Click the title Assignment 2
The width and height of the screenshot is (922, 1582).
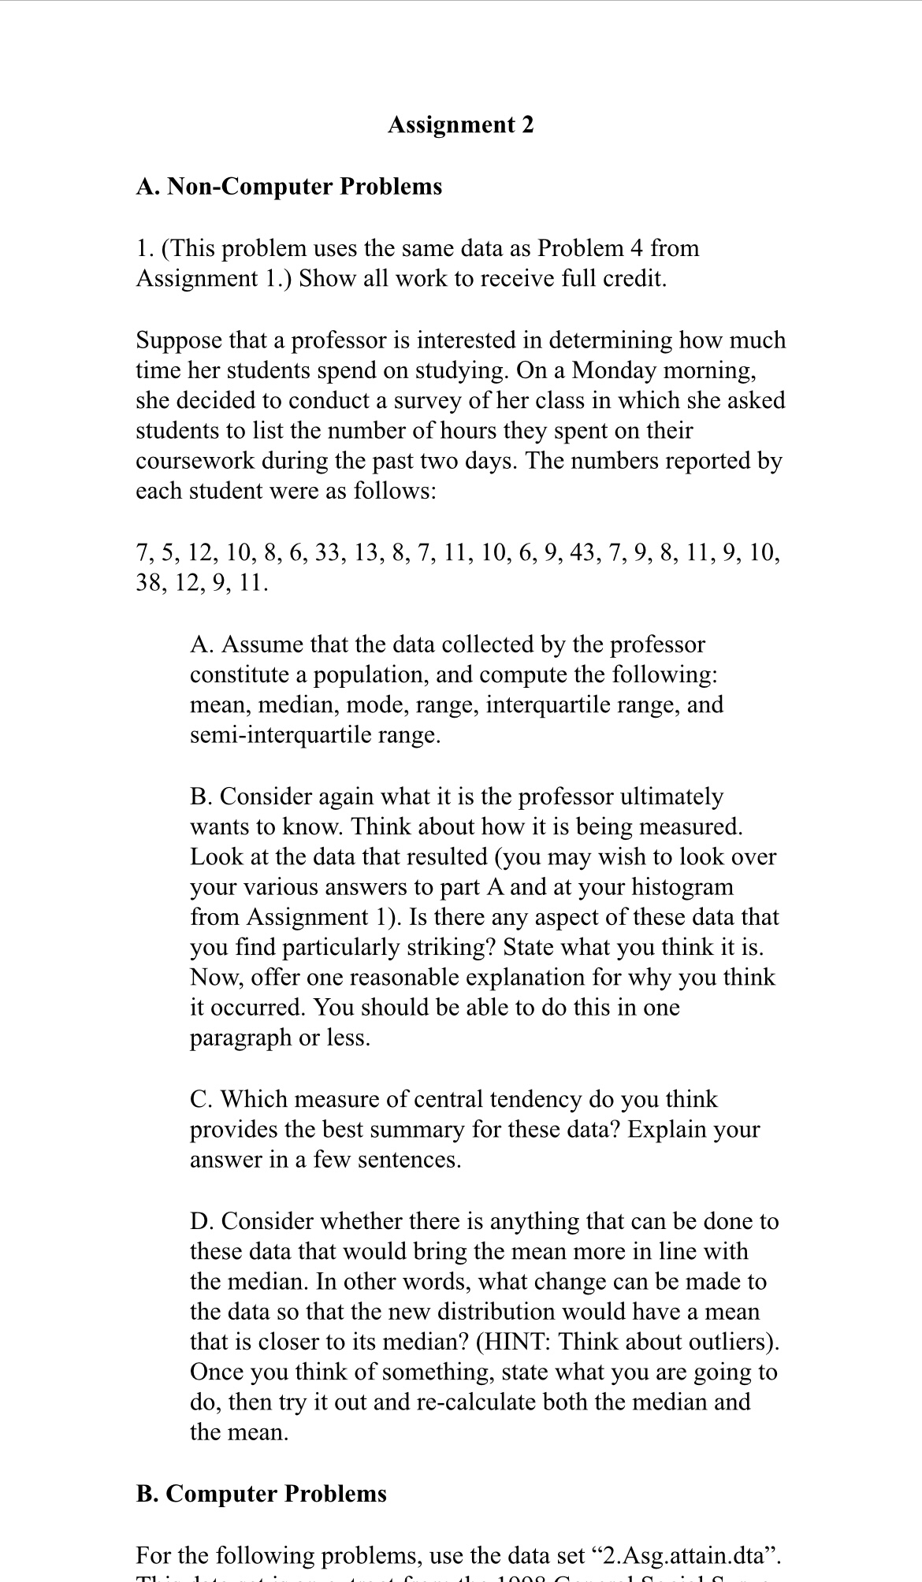coord(460,124)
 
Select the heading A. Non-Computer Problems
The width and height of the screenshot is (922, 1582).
coord(289,187)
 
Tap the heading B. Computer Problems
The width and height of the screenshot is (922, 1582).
coord(261,1494)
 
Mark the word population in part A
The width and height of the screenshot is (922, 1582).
coord(370,675)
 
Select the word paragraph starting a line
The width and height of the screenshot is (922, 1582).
coord(240,1038)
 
